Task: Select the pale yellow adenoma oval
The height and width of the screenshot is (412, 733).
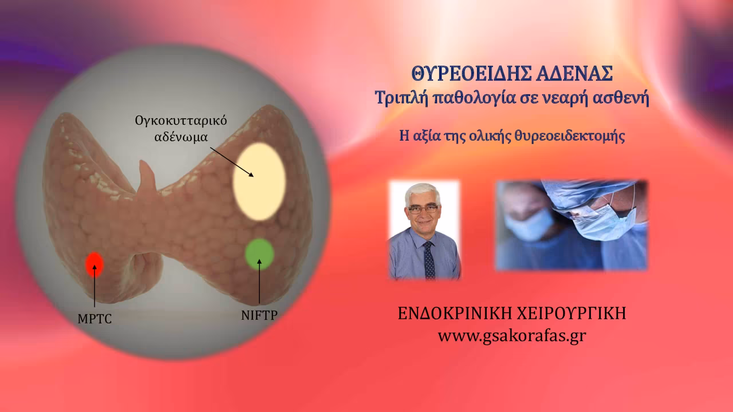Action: coord(259,182)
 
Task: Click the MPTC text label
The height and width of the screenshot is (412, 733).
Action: coord(94,319)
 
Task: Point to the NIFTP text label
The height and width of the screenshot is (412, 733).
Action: coord(259,315)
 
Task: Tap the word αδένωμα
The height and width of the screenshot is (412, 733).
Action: coord(181,137)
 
